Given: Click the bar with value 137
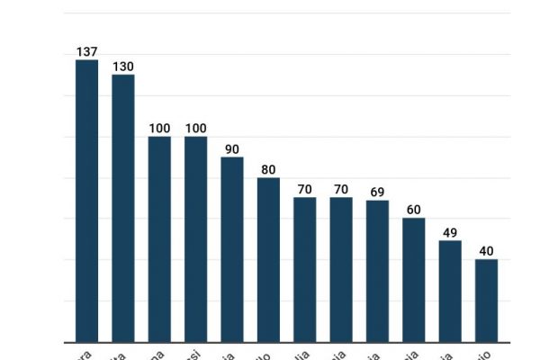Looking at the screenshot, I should pyautogui.click(x=86, y=201).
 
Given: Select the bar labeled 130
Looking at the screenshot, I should pyautogui.click(x=123, y=208).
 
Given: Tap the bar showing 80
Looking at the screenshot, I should pyautogui.click(x=268, y=260).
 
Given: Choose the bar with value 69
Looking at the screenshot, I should pyautogui.click(x=377, y=271).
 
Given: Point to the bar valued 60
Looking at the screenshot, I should pyautogui.click(x=414, y=280).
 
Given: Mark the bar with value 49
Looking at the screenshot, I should pyautogui.click(x=450, y=292).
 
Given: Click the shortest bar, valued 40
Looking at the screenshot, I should pyautogui.click(x=486, y=301).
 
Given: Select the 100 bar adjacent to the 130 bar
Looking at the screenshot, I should pyautogui.click(x=159, y=239).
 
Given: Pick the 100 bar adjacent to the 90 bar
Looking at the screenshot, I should pyautogui.click(x=195, y=239).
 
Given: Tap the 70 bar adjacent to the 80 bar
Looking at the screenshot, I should pyautogui.click(x=305, y=270).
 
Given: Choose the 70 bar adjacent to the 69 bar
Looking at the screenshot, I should pyautogui.click(x=341, y=270).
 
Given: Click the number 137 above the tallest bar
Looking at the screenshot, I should pyautogui.click(x=86, y=52).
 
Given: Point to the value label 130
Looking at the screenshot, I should pyautogui.click(x=123, y=67).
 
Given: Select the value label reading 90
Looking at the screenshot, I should pyautogui.click(x=232, y=149).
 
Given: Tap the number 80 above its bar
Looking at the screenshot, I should pyautogui.click(x=268, y=170).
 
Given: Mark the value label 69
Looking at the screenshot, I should pyautogui.click(x=377, y=193).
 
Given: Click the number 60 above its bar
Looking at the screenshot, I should pyautogui.click(x=414, y=210).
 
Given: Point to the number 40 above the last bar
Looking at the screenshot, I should pyautogui.click(x=486, y=251).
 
